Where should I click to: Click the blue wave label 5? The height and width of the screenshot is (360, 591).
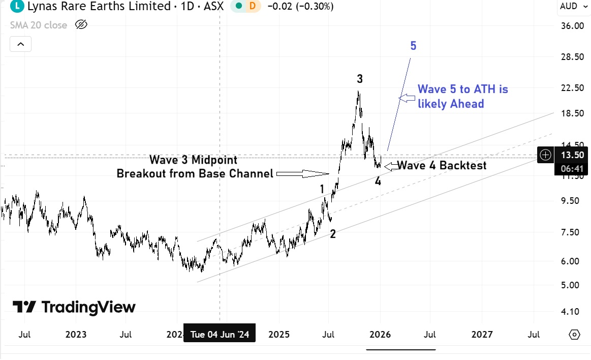coord(413,46)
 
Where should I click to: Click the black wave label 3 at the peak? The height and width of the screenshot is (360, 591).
coord(360,79)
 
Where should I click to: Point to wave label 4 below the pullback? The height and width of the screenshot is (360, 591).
coord(378,181)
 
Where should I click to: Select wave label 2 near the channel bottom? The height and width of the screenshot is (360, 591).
coord(333,234)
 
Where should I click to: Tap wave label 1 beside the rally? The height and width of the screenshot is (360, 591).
coord(322,190)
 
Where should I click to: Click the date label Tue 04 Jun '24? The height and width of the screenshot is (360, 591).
coord(220,335)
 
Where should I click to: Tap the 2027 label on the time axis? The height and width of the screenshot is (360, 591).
coord(482,335)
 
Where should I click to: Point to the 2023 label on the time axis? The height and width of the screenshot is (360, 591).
coord(76,335)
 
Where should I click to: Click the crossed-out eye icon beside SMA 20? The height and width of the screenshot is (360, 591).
coord(81,25)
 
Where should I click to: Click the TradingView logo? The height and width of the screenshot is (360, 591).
coord(74,307)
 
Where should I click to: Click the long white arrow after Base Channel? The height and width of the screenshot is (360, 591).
coord(302,174)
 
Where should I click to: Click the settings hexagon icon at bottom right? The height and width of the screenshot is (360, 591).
coord(575,335)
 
